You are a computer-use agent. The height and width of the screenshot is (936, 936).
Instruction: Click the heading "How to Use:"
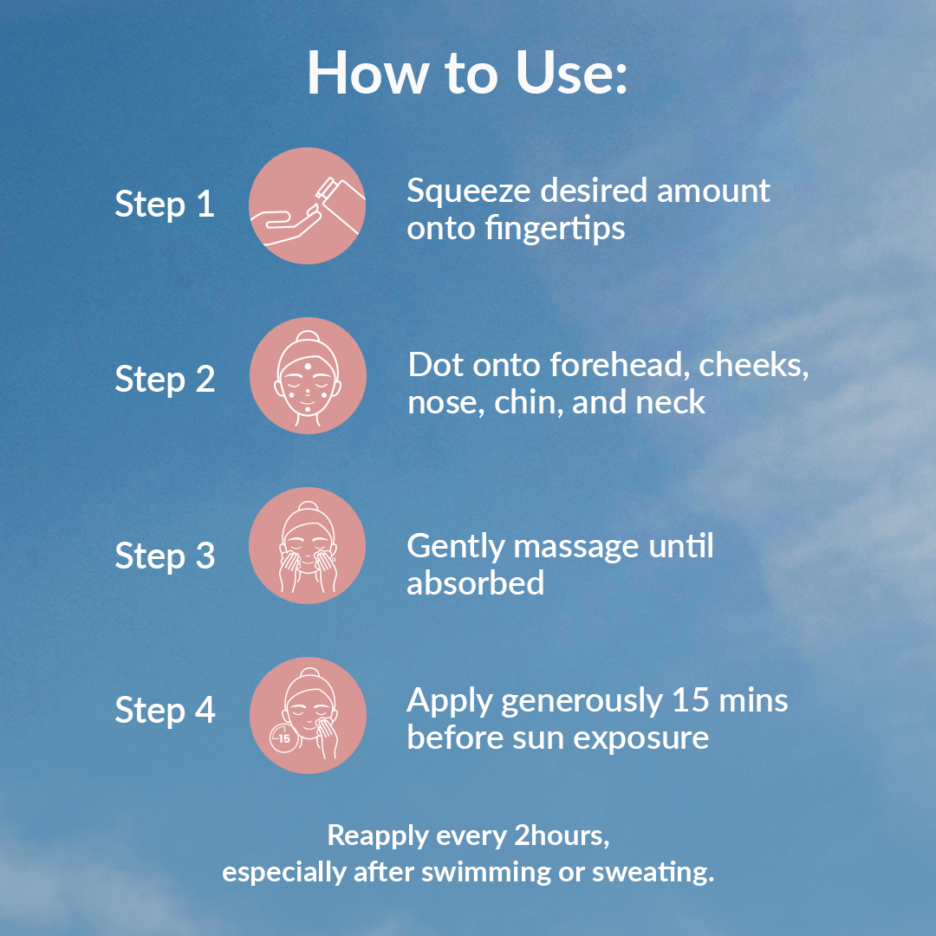tap(467, 73)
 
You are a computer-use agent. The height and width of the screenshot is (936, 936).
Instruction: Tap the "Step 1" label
tap(165, 205)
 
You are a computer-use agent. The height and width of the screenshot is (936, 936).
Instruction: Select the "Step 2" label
tap(165, 379)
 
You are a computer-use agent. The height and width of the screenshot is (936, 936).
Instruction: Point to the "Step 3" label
tap(165, 556)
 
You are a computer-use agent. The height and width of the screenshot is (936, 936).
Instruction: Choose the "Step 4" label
tap(165, 711)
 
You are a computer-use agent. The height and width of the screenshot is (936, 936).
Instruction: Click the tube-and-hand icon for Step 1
tap(307, 205)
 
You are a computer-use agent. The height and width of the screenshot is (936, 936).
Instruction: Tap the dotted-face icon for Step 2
tap(308, 375)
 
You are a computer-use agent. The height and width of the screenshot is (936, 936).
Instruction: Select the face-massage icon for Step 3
tap(307, 546)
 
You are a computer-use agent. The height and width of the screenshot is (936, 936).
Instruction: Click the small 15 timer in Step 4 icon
tap(284, 738)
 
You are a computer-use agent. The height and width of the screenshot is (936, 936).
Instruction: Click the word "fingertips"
tap(556, 228)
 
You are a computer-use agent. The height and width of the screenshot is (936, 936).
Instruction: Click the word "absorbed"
tap(475, 582)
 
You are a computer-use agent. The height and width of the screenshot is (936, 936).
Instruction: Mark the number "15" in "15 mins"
tap(691, 700)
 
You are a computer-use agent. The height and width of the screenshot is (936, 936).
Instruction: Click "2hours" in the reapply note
tap(561, 835)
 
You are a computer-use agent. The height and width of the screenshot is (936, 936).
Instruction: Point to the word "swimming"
tap(485, 872)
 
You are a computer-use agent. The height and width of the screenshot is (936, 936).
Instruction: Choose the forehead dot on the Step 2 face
tap(308, 367)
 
